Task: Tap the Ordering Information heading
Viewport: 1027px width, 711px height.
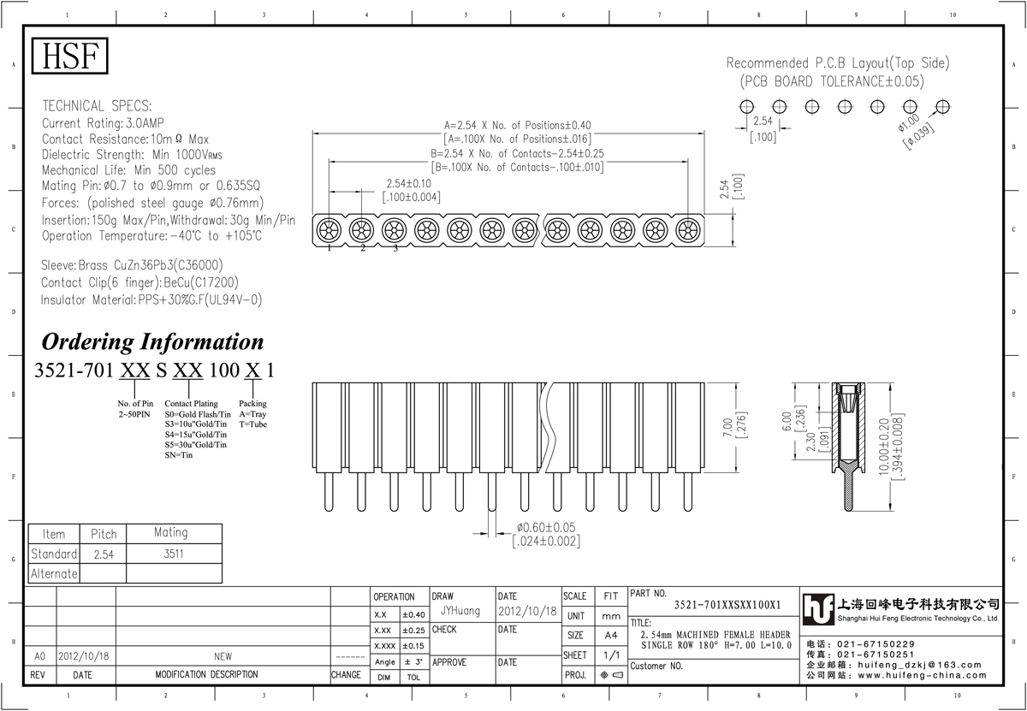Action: coord(152,342)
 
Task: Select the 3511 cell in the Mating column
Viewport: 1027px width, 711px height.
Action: coord(174,554)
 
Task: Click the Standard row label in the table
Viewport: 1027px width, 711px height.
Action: coord(54,554)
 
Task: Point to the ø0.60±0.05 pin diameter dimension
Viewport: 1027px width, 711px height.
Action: coord(546,528)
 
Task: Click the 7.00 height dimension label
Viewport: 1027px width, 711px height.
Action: coord(727,427)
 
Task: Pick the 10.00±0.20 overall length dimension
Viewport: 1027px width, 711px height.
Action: coord(883,447)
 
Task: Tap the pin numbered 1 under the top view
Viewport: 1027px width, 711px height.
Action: coord(329,248)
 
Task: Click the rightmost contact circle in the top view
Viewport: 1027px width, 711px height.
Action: coord(688,230)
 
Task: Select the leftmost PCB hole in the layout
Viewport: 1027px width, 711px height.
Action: coord(746,107)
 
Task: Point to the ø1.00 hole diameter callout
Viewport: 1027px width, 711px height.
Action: coord(909,123)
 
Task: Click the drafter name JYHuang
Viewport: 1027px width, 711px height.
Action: coord(460,611)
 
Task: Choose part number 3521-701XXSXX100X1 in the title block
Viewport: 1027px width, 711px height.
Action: coord(727,605)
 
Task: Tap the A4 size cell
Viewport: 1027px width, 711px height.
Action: coord(611,636)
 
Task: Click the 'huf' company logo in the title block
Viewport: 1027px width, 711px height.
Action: coord(818,609)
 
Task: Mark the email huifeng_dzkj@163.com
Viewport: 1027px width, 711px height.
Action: coord(920,665)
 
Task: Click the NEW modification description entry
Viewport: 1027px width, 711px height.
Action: coord(223,656)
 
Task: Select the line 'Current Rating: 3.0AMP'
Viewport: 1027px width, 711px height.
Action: coord(103,123)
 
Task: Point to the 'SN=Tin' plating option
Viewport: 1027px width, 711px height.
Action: coord(179,455)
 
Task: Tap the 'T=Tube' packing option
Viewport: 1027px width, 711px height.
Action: coord(252,424)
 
